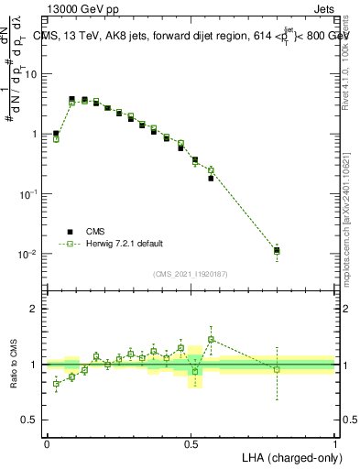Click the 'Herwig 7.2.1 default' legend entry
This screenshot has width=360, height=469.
pos(125,244)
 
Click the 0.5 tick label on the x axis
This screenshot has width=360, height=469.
pos(191,443)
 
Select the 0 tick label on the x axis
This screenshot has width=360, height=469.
pos(47,443)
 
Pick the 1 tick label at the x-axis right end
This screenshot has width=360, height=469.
pos(334,443)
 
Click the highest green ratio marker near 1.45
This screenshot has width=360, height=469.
pos(211,339)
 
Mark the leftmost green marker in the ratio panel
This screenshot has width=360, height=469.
pos(56,384)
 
